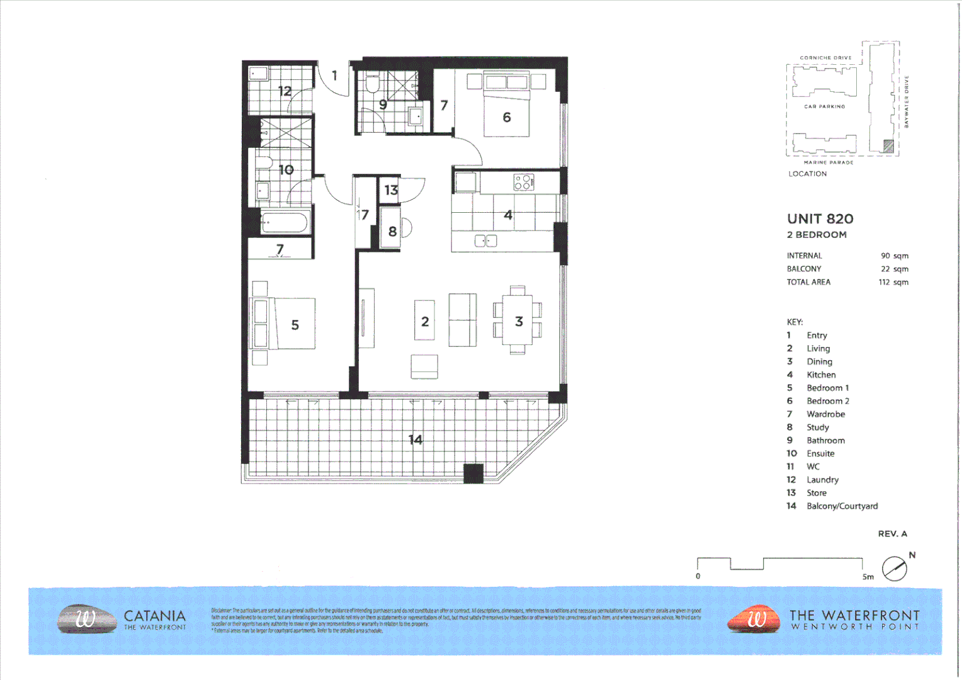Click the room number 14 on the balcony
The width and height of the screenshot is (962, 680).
(x=416, y=439)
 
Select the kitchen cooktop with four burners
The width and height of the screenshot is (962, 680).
(x=524, y=182)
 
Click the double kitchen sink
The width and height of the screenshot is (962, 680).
(x=485, y=241)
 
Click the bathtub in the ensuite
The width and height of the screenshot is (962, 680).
(x=284, y=222)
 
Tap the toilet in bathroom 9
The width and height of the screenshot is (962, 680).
(x=372, y=84)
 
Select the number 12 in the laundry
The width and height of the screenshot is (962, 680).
(x=285, y=91)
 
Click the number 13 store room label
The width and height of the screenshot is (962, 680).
(x=391, y=190)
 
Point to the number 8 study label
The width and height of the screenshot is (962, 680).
(x=392, y=231)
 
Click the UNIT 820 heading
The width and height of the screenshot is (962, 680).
(x=820, y=218)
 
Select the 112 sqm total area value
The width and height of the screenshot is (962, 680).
(x=893, y=282)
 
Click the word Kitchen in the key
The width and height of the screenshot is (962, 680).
(x=821, y=375)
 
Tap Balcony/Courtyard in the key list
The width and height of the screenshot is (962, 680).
(x=842, y=506)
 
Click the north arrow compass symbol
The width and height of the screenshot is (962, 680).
(x=895, y=569)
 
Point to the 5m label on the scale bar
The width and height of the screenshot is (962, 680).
(x=868, y=577)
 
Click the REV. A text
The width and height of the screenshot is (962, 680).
(x=892, y=533)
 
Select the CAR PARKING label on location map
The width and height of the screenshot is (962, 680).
(x=824, y=106)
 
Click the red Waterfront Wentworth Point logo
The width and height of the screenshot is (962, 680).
(x=754, y=619)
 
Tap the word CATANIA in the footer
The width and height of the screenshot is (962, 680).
(x=155, y=616)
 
